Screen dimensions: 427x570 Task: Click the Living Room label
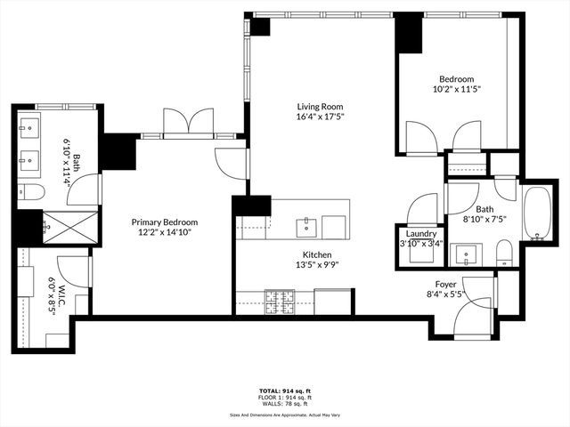coord(320,106)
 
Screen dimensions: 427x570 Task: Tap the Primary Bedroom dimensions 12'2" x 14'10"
coord(164,232)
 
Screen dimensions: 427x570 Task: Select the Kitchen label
coord(292,254)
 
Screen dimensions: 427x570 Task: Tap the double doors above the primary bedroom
coord(189,122)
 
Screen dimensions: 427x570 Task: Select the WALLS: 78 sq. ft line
coord(285,404)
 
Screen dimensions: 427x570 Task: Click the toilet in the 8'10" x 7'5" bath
coord(504,254)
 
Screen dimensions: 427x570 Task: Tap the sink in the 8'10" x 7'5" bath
coord(465,254)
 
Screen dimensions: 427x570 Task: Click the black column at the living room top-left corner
coord(260,26)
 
